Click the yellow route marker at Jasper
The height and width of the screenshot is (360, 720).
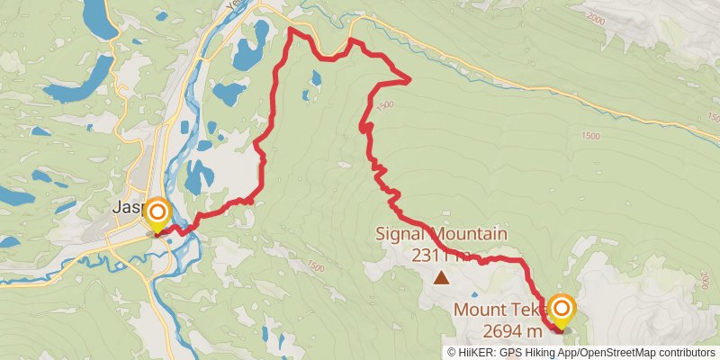point(157,213)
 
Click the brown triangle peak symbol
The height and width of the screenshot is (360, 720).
point(441,277)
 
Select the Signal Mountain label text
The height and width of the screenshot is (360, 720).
point(441,235)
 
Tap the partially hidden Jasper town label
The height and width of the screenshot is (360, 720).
point(127,207)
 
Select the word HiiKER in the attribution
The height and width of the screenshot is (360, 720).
point(477,352)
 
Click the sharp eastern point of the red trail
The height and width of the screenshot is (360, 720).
point(409,80)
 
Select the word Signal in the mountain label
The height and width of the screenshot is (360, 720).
point(402,235)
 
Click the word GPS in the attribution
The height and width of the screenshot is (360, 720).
point(509,352)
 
